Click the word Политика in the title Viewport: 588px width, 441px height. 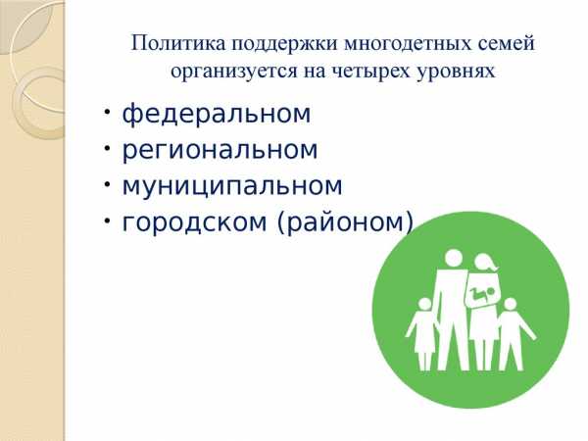[178, 43]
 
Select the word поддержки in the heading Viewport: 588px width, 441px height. [284, 45]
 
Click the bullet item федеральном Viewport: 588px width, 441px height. [217, 114]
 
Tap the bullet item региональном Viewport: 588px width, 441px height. [220, 150]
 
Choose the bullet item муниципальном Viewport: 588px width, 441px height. [232, 186]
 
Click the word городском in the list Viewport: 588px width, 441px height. [194, 222]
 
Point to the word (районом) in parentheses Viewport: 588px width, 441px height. [345, 222]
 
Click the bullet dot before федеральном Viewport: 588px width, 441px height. [107, 112]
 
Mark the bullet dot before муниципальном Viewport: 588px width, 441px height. [107, 184]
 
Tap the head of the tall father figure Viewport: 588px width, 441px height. [454, 259]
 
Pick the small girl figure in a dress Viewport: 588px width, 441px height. [423, 333]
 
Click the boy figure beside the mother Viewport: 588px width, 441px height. [514, 333]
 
